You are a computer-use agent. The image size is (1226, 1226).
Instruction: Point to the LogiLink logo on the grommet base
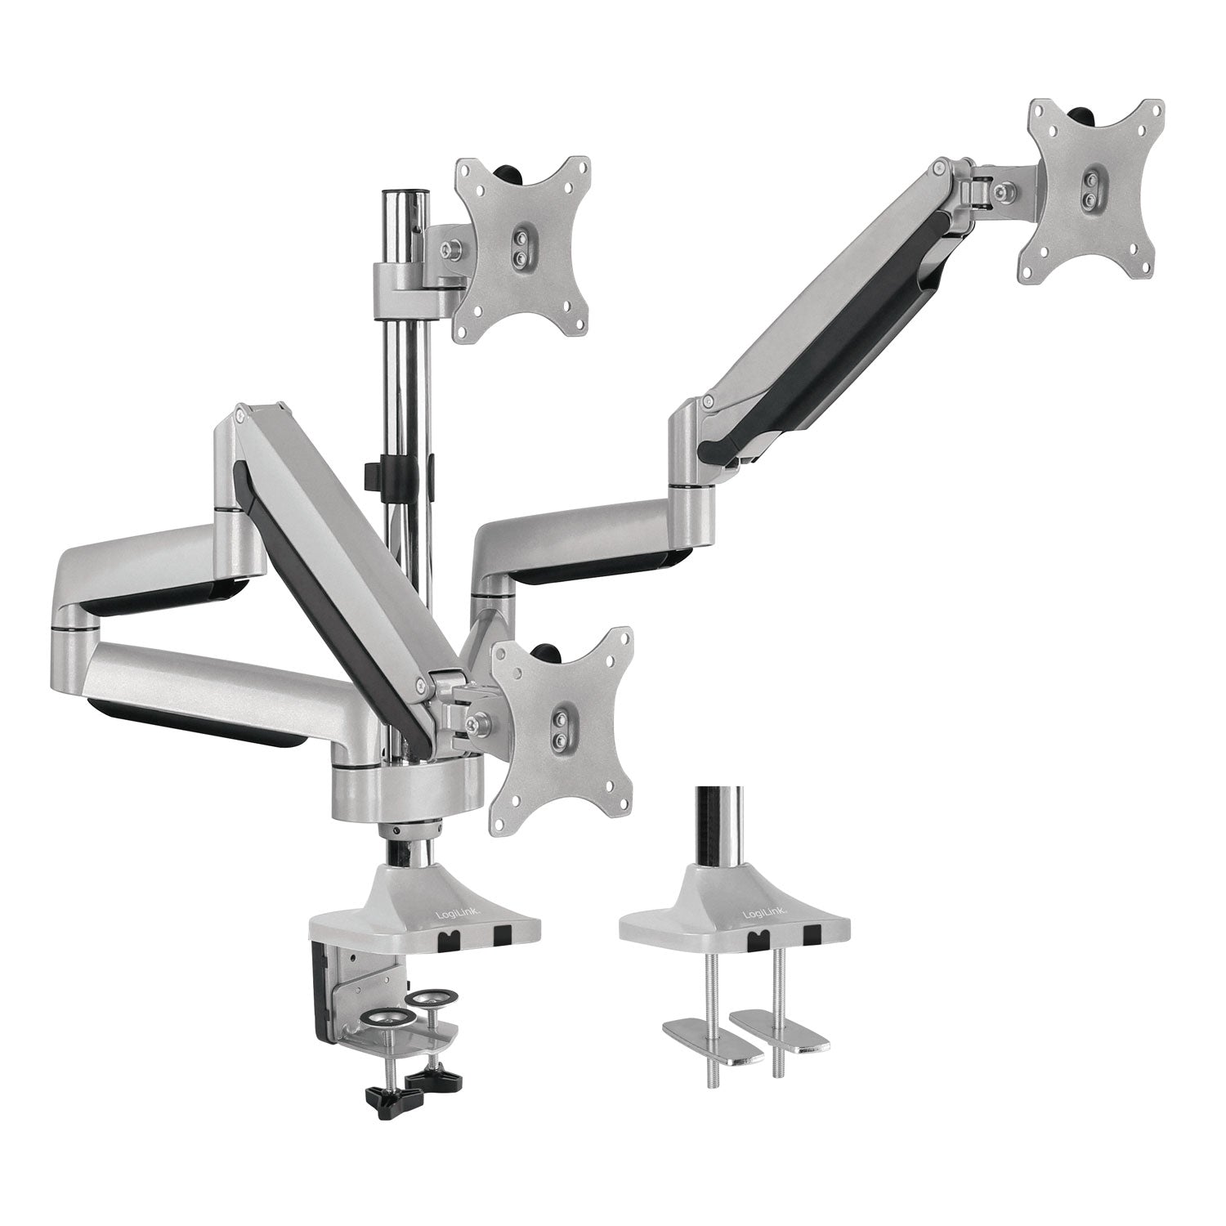point(761,914)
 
